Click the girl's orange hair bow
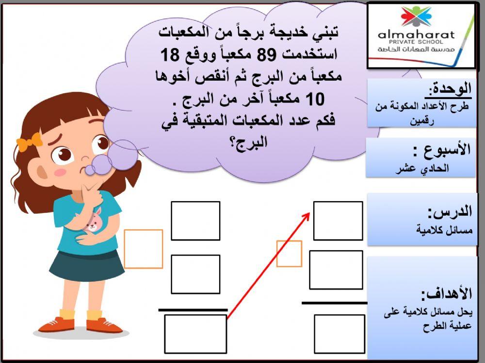tap(29, 141)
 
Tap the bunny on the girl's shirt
tap(94, 220)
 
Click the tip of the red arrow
tap(309, 212)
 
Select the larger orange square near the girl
tap(144, 249)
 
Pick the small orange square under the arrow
tap(289, 253)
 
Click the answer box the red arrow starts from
tap(195, 333)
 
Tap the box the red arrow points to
tap(338, 220)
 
